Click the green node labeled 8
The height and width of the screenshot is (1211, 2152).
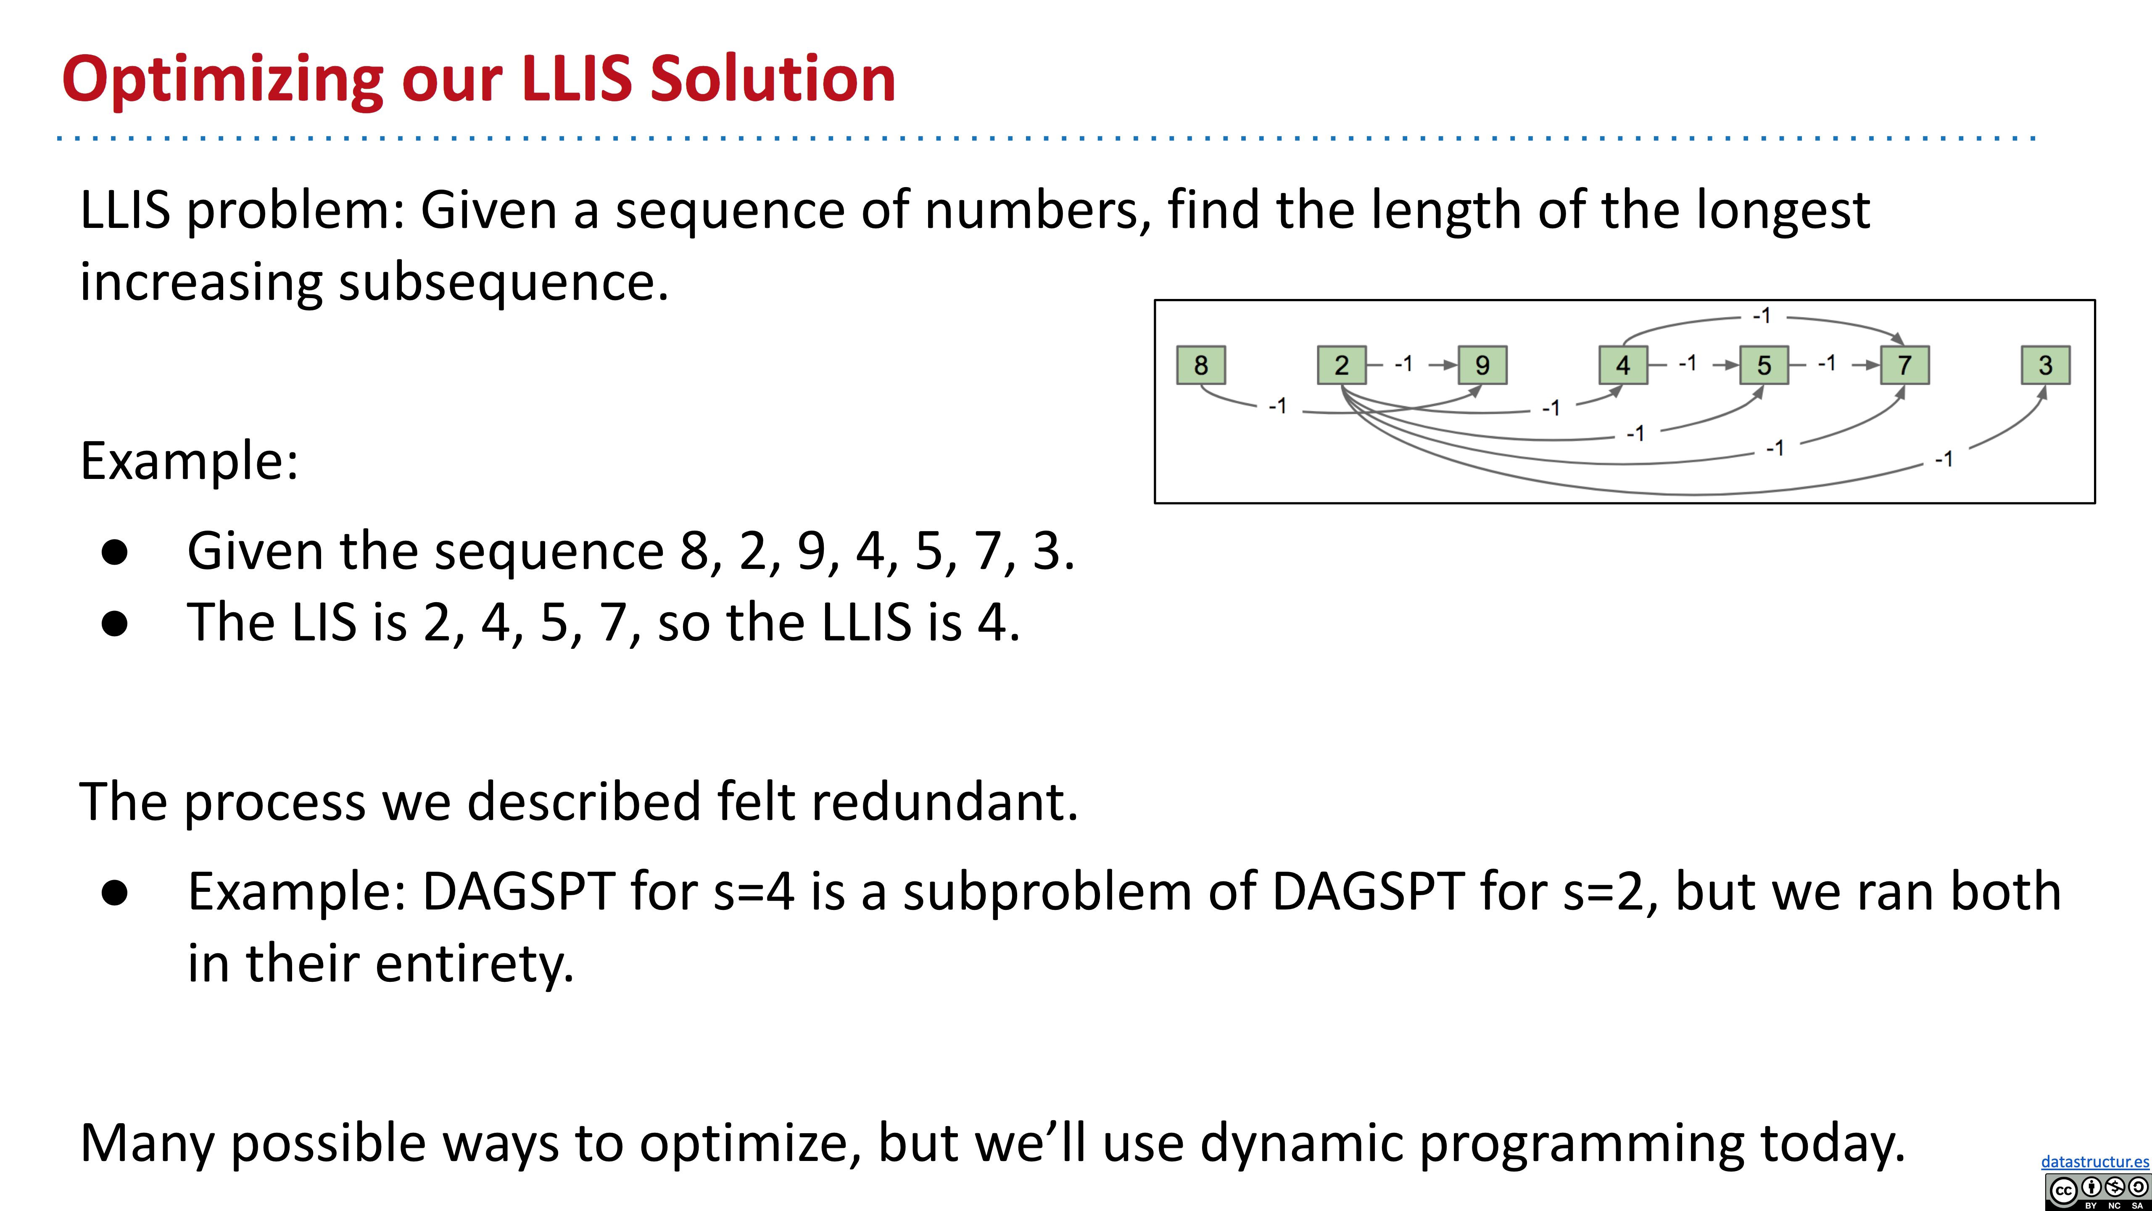click(x=1200, y=365)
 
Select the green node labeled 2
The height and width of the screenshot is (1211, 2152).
click(x=1341, y=365)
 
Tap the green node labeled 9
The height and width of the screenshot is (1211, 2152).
click(x=1482, y=365)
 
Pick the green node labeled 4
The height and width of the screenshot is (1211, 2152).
click(x=1622, y=365)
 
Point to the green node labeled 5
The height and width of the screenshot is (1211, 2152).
click(x=1764, y=365)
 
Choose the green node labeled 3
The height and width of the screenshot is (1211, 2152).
click(x=2045, y=365)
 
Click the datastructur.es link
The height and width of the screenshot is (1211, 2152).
click(x=2094, y=1162)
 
